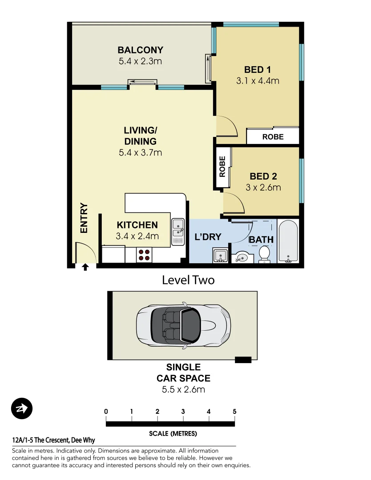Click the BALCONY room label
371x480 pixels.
pyautogui.click(x=140, y=50)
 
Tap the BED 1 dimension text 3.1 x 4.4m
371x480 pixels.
pyautogui.click(x=258, y=81)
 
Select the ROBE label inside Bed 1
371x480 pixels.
pyautogui.click(x=273, y=137)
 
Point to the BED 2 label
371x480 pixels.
pyautogui.click(x=263, y=176)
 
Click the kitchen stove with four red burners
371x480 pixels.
pyautogui.click(x=145, y=255)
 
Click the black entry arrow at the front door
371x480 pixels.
pyautogui.click(x=85, y=267)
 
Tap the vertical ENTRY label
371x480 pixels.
pyautogui.click(x=84, y=218)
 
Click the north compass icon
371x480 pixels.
pyautogui.click(x=22, y=408)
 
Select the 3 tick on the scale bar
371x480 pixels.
pyautogui.click(x=183, y=412)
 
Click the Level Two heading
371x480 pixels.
pyautogui.click(x=188, y=280)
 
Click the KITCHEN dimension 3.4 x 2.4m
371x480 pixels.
pyautogui.click(x=137, y=236)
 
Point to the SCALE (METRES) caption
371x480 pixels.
pyautogui.click(x=173, y=433)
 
